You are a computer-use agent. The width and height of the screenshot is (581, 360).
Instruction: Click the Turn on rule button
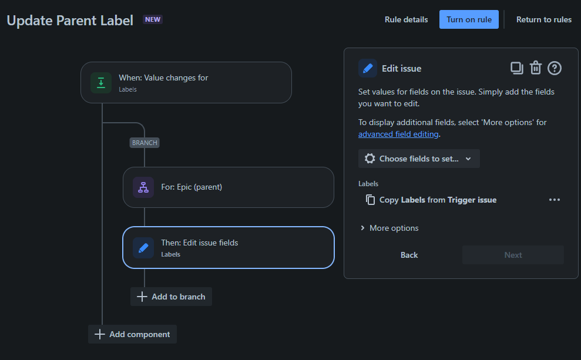coord(469,19)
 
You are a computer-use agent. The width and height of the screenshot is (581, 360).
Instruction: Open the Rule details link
coord(406,19)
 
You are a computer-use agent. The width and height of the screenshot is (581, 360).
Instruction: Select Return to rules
coord(543,19)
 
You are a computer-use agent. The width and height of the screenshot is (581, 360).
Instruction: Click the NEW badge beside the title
coord(153,19)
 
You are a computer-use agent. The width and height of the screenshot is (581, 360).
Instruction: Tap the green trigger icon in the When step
coord(101,83)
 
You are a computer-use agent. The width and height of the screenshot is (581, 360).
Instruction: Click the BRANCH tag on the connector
coord(145,143)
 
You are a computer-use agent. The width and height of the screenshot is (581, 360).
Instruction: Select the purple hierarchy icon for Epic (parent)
coord(143,187)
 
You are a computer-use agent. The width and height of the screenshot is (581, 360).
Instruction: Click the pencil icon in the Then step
coord(143,248)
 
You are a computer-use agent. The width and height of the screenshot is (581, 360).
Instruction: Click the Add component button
coord(132,334)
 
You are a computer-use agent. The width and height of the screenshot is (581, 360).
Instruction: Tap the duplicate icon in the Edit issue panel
coord(516,68)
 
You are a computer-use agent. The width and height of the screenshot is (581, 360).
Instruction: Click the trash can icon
coord(535,68)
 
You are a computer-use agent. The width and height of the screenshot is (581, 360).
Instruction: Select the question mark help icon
coord(555,68)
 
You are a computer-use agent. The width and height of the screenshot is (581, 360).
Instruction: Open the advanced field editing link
coord(398,134)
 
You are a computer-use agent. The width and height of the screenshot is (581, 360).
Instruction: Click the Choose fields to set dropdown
coord(419,159)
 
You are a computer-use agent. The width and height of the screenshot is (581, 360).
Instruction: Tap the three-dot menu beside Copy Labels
coord(555,200)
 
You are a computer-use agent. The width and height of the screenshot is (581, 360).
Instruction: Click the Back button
coord(409,255)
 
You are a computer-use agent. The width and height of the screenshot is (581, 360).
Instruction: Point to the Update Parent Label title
coord(70,20)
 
